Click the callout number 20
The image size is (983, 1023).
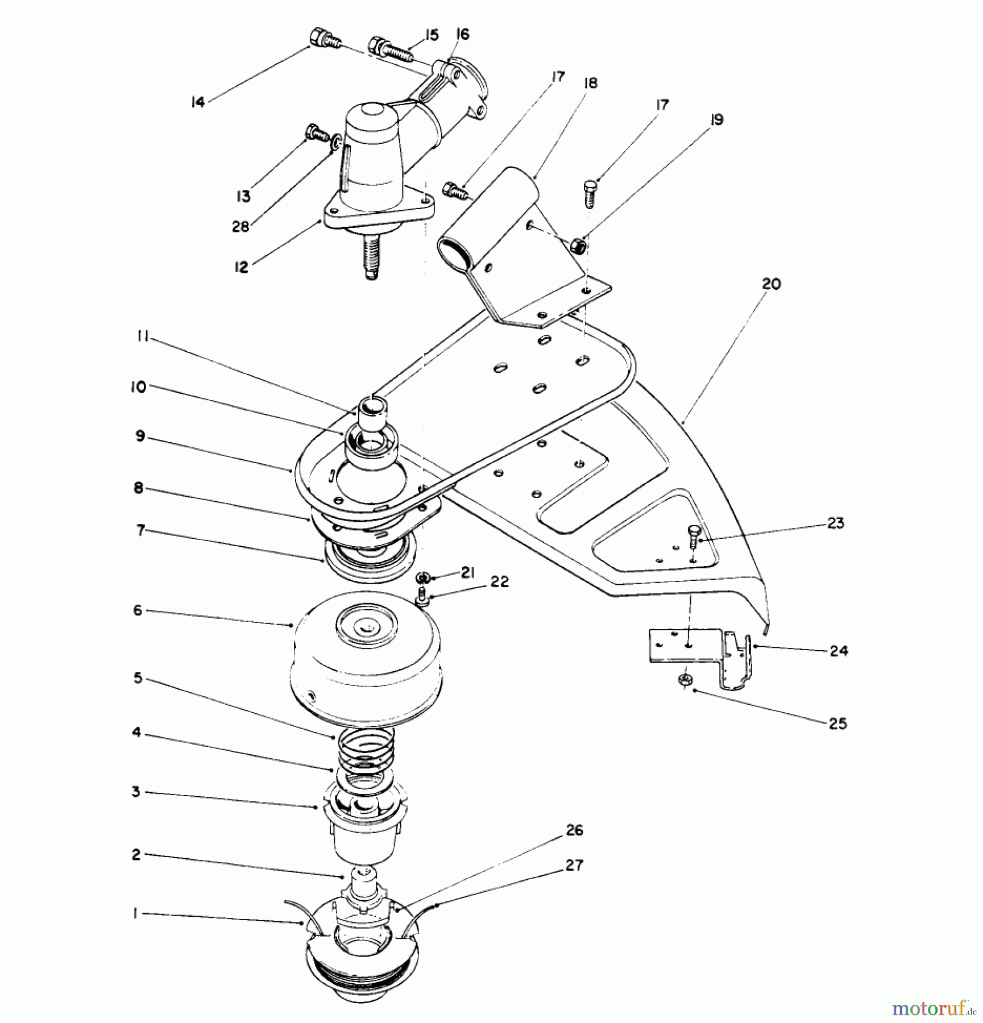tap(771, 284)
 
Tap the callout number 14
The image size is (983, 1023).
tap(197, 102)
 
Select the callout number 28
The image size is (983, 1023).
tap(240, 227)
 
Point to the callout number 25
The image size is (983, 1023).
tap(837, 723)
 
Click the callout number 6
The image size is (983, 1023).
tap(138, 610)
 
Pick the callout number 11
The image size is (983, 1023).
tap(143, 336)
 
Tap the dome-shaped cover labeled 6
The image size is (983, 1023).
tap(365, 659)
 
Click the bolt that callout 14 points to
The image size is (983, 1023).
tap(325, 39)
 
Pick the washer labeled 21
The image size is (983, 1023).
tap(422, 578)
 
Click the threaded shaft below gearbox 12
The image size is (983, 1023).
tap(371, 259)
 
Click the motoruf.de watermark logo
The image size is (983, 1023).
tap(933, 1009)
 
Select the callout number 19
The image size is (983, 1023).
tap(716, 120)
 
